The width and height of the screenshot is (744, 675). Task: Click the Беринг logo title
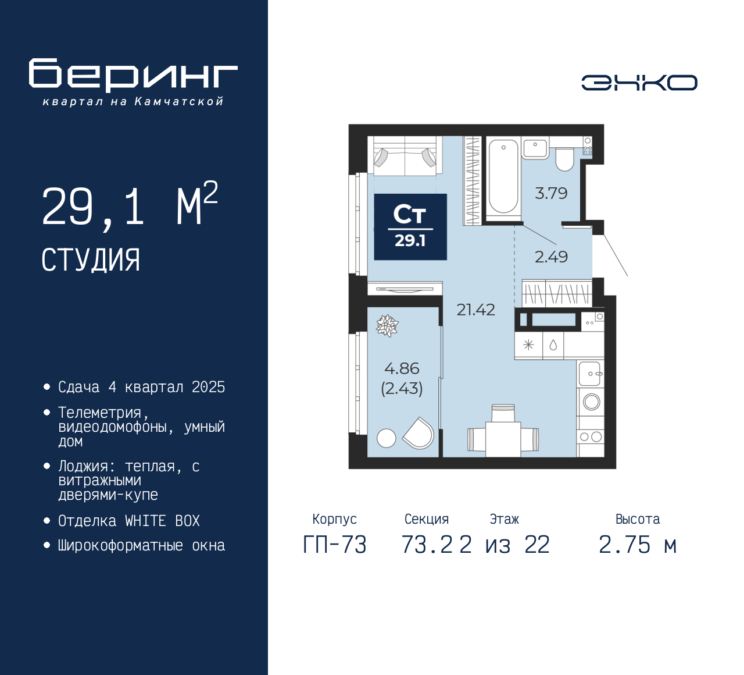tap(133, 75)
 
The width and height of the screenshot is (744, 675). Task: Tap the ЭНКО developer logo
tap(639, 83)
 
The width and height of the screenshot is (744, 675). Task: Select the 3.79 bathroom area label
tap(551, 193)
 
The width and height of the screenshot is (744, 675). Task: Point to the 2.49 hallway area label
tap(551, 257)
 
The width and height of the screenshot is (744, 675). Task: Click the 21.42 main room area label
tap(476, 310)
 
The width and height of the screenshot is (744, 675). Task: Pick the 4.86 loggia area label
tap(402, 368)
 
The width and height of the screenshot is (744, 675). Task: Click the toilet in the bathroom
tap(565, 159)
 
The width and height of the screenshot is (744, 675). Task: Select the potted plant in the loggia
tap(387, 326)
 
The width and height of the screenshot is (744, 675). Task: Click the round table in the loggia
tap(386, 438)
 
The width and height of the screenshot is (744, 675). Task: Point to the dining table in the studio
tap(503, 439)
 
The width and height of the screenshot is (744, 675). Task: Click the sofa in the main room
tap(405, 156)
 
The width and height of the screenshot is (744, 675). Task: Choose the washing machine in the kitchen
tap(591, 402)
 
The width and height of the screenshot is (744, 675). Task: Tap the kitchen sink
tap(590, 374)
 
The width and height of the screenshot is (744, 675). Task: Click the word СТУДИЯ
tap(91, 260)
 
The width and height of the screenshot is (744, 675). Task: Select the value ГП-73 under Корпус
tap(335, 545)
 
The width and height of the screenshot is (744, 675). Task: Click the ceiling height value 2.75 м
tap(638, 545)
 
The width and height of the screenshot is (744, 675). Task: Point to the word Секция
tap(427, 519)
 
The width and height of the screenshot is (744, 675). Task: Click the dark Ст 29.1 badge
tap(410, 227)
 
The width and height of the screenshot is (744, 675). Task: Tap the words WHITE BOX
tap(162, 521)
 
